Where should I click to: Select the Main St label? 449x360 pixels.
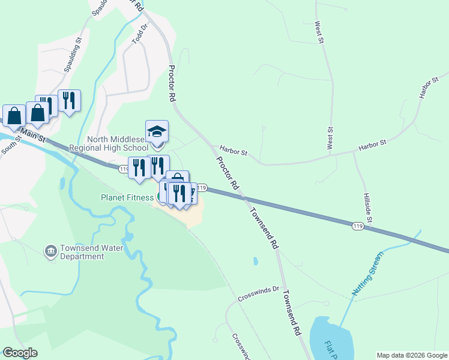click(34, 134)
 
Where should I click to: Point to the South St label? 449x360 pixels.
click(11, 145)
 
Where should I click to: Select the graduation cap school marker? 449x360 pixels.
click(157, 131)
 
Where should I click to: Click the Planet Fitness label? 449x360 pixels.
click(127, 197)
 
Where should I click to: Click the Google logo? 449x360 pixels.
click(20, 353)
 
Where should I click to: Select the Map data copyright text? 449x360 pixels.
click(412, 355)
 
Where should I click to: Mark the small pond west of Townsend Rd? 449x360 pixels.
click(255, 262)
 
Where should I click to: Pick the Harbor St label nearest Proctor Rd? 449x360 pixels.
click(233, 152)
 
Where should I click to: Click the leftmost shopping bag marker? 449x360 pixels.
click(14, 115)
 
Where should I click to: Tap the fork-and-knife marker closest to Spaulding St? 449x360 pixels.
click(69, 101)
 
